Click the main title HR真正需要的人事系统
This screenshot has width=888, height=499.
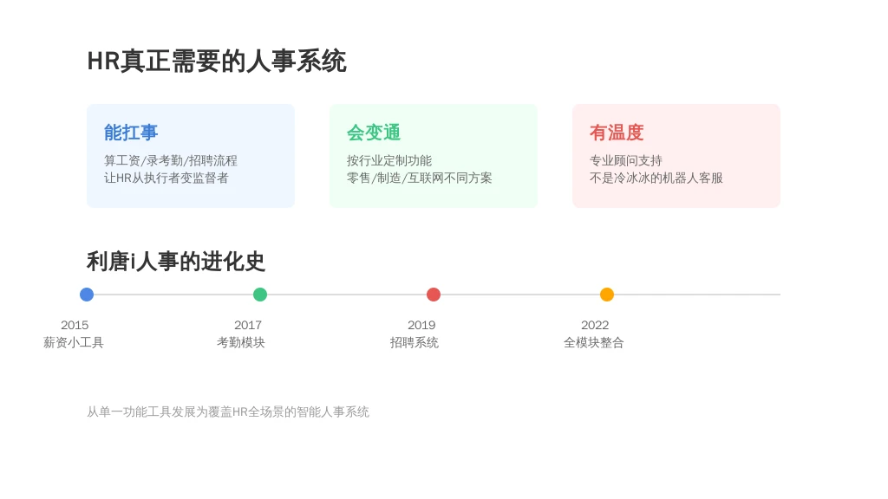216,62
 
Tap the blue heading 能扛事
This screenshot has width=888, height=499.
131,133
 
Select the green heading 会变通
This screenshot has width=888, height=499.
374,133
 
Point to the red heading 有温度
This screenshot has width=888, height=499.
617,133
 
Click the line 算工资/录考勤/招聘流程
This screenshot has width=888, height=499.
171,160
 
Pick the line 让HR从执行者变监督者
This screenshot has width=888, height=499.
166,178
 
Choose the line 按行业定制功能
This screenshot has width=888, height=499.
389,160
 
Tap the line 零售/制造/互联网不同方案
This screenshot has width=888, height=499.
419,178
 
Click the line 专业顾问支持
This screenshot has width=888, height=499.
626,160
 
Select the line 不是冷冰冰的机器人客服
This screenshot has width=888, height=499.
656,178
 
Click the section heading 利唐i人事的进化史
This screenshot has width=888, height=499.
175,262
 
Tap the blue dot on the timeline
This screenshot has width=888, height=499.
87,295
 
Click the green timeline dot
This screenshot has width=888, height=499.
260,295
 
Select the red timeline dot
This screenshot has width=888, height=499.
434,295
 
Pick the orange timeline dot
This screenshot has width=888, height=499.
606,295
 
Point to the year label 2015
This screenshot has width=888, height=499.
75,326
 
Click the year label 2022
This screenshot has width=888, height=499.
595,326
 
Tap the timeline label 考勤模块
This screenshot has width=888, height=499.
241,342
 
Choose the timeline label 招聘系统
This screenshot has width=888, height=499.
414,342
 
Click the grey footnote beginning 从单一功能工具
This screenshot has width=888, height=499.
228,412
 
